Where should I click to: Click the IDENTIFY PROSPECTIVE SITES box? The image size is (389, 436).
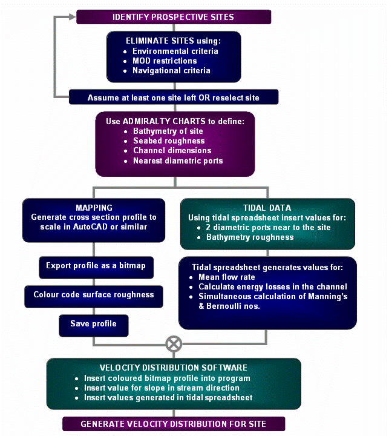173,16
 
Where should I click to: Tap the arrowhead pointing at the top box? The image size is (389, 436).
73,16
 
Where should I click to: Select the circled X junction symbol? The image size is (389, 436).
174,344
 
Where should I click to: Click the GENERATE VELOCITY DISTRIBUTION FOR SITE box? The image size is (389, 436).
174,423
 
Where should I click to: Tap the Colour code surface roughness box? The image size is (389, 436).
93,294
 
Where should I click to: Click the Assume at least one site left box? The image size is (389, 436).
174,97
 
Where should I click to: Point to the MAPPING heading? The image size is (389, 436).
93,207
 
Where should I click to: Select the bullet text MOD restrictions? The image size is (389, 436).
165,61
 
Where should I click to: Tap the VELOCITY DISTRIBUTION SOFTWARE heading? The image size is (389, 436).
173,368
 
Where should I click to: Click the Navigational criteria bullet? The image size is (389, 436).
171,70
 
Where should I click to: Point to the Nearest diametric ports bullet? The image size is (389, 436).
178,160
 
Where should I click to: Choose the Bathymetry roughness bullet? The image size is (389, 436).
250,237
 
